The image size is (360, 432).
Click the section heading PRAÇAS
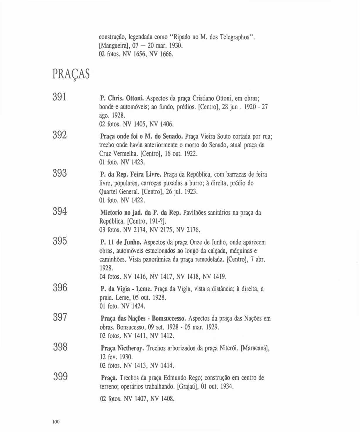click(71, 74)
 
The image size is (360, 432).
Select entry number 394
click(60, 211)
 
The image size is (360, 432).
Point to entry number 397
click(60, 317)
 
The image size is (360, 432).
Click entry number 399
click(60, 376)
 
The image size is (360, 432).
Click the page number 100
click(56, 422)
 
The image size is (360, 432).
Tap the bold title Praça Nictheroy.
click(122, 348)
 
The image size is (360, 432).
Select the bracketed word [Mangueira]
click(113, 46)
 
